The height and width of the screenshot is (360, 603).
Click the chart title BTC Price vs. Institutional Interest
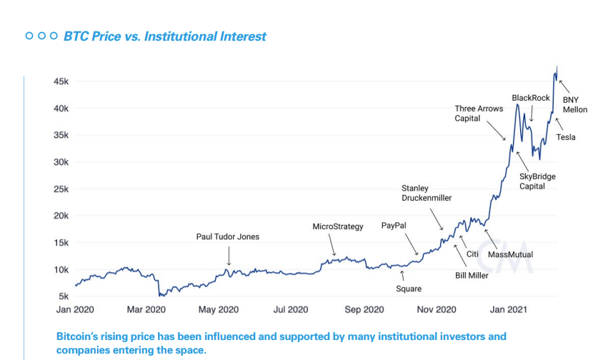tap(164, 36)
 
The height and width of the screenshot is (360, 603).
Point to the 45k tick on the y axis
tap(61, 82)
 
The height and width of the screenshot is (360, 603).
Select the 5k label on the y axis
tap(63, 296)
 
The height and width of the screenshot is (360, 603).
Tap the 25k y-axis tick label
tap(61, 189)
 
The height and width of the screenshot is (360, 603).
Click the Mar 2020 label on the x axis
tap(146, 309)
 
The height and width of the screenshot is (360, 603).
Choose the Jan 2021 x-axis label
tap(508, 309)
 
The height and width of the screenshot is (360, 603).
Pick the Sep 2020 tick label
tap(364, 309)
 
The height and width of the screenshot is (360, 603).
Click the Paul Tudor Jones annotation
tap(228, 236)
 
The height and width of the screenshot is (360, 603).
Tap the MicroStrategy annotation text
tap(338, 226)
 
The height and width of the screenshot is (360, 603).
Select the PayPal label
tap(394, 225)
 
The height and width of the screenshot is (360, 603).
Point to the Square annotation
tap(409, 289)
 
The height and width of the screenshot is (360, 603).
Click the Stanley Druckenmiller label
tap(427, 193)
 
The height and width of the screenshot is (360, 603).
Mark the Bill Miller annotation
tap(472, 275)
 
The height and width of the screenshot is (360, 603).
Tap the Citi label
tap(472, 254)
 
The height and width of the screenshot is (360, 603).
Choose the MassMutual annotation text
tap(510, 254)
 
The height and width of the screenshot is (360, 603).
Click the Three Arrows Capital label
tap(479, 114)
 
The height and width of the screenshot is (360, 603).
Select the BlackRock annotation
tap(531, 98)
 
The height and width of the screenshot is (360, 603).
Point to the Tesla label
tap(566, 137)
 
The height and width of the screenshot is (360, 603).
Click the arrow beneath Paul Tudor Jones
tap(229, 255)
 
